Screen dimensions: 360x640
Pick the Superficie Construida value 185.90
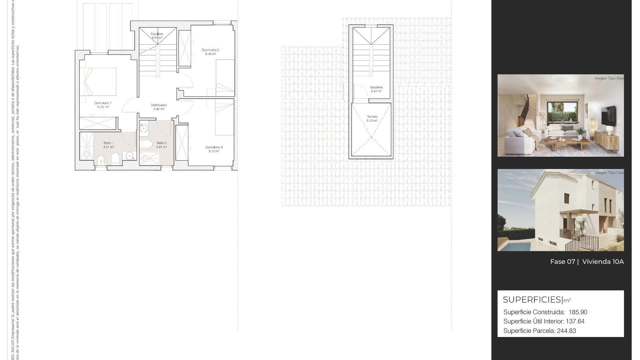578,312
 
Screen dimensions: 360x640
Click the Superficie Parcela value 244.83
566,331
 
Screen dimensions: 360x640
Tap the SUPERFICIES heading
532,300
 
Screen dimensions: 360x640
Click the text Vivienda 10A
603,262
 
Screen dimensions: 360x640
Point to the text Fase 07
562,262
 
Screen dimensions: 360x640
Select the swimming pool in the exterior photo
515,246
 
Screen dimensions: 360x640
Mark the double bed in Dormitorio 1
98,82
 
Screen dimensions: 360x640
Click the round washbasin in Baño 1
130,156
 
